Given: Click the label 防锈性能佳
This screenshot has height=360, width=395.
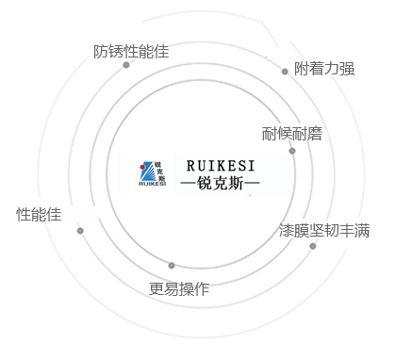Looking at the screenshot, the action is tap(131, 52).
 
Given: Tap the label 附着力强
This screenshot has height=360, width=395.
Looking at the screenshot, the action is tap(324, 69).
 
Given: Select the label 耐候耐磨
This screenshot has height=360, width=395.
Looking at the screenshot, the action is tap(292, 134).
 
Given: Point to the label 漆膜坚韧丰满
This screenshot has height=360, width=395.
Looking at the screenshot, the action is tap(324, 230).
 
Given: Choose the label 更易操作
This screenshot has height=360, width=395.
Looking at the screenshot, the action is tap(179, 288).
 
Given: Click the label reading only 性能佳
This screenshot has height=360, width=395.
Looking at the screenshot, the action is tap(39, 215).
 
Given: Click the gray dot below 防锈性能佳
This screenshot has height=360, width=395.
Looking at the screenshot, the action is tap(126, 65).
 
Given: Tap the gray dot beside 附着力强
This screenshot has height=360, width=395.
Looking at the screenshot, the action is tap(285, 72).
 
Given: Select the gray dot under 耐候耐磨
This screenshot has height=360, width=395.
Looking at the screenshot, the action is tap(292, 151).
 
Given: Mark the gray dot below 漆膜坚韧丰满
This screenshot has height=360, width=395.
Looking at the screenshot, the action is tap(313, 246).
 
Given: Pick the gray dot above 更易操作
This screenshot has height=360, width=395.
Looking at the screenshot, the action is tap(172, 266).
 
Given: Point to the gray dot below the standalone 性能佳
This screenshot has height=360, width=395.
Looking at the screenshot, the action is tap(80, 231).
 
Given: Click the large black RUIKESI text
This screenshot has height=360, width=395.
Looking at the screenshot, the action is tap(221, 166).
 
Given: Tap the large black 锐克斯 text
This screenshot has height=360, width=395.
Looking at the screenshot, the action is tap(220, 183).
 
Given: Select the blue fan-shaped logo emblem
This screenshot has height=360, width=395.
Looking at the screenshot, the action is tap(147, 172).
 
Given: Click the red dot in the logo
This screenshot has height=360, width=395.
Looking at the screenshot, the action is tap(142, 167).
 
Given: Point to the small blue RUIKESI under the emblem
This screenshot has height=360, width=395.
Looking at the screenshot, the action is tap(152, 184).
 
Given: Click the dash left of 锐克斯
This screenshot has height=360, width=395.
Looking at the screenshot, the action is tap(189, 183).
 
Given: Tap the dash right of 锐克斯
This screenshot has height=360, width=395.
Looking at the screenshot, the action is tap(252, 183).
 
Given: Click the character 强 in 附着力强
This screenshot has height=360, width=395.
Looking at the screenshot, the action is tap(347, 69).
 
